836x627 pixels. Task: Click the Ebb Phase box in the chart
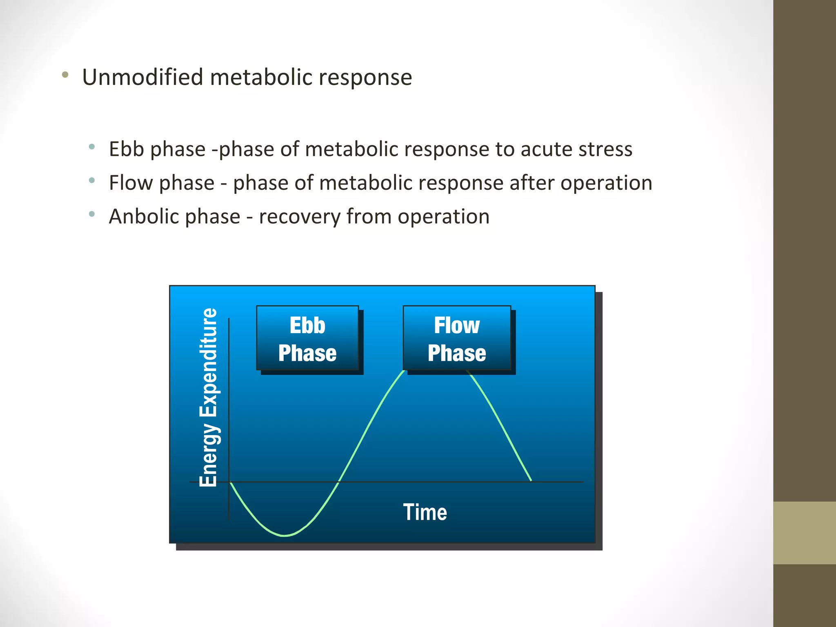coord(307,338)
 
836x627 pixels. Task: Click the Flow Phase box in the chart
coord(457,338)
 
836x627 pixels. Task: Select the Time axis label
coord(425,512)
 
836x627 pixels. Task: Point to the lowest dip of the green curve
coord(285,535)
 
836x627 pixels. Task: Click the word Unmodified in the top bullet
coord(142,77)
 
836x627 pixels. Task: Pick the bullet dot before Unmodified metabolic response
coord(65,75)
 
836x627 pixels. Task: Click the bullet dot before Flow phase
coord(92,180)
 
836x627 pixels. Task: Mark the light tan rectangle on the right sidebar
coord(804,533)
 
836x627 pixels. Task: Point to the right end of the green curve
coord(530,480)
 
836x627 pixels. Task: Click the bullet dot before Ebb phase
coord(92,146)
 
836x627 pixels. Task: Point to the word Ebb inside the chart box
coord(307,325)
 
